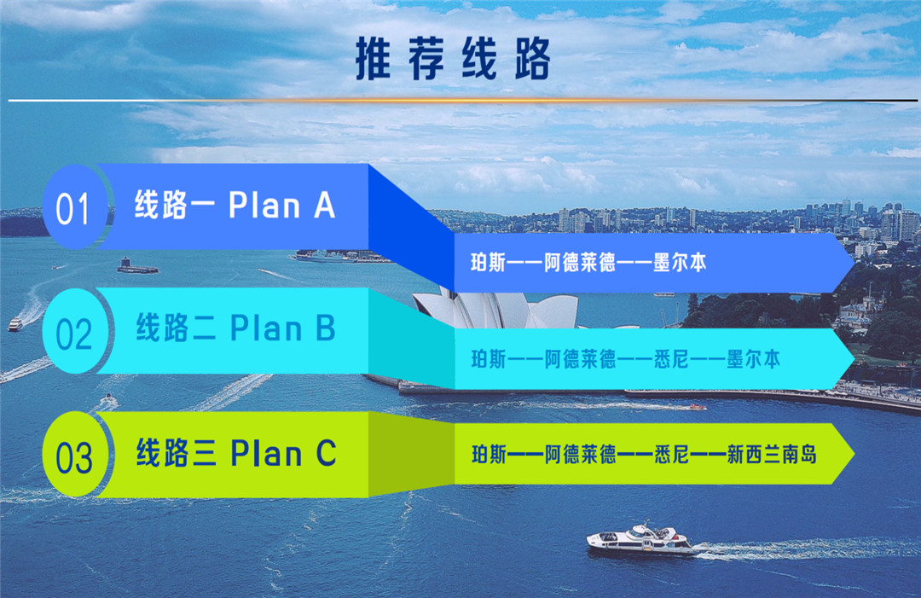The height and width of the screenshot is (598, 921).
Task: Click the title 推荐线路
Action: click(x=453, y=58)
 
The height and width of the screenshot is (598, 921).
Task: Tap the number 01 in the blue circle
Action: click(x=72, y=209)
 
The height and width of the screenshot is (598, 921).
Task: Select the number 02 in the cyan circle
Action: click(x=74, y=334)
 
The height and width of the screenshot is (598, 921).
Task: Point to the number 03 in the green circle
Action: click(x=74, y=457)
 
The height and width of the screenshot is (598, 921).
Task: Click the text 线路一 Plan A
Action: click(x=235, y=205)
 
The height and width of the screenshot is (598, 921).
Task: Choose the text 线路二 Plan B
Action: click(x=235, y=328)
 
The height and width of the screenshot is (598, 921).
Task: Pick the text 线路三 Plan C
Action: click(x=236, y=452)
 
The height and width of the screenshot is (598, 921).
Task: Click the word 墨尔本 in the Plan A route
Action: click(x=680, y=263)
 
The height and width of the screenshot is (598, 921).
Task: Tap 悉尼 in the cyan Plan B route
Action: click(x=671, y=358)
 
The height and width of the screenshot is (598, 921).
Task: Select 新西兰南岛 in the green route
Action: click(x=772, y=454)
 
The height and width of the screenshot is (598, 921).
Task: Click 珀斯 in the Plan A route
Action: click(x=488, y=263)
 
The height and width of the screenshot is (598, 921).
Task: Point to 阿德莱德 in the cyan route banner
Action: click(x=581, y=358)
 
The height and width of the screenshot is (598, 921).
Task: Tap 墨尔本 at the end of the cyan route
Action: click(x=754, y=358)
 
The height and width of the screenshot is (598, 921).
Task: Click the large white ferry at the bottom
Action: click(x=640, y=540)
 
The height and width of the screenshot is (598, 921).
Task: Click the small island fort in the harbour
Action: click(x=136, y=267)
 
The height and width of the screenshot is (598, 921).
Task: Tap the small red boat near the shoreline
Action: click(x=698, y=407)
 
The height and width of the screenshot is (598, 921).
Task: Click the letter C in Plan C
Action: click(x=327, y=453)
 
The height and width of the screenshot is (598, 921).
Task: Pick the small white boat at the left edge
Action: click(x=15, y=324)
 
